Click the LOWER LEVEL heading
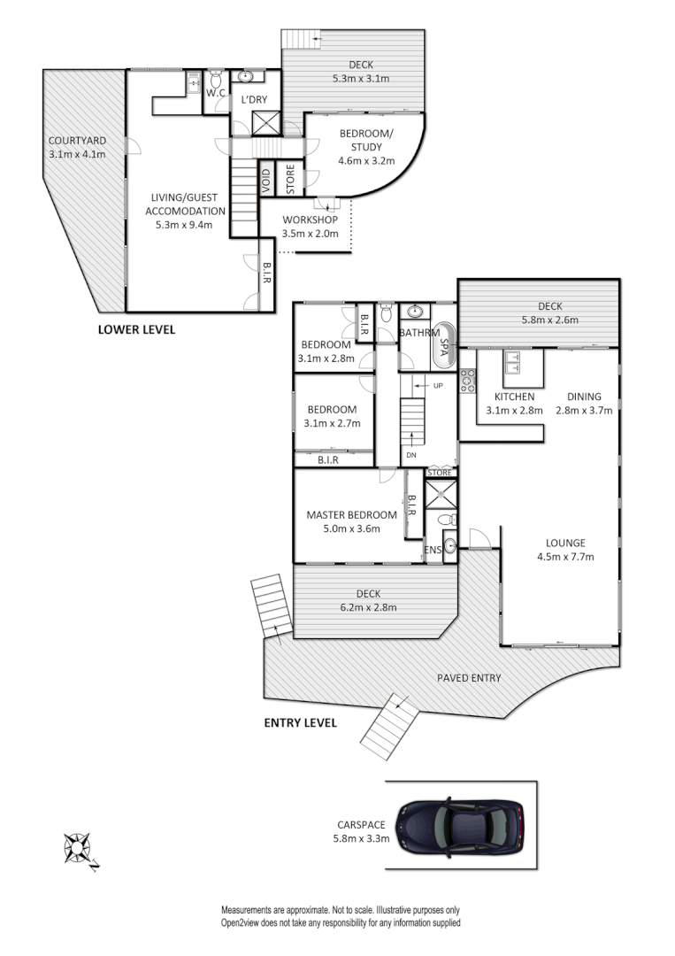(x=137, y=329)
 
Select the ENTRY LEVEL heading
(x=301, y=722)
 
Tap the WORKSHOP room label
(x=311, y=220)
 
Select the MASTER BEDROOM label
(x=351, y=514)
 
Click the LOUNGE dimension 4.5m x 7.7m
(x=565, y=557)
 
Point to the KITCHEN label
(x=514, y=397)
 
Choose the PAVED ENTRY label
(x=469, y=678)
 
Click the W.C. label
(x=217, y=92)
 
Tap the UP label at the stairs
(x=438, y=385)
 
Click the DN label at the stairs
(x=410, y=455)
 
